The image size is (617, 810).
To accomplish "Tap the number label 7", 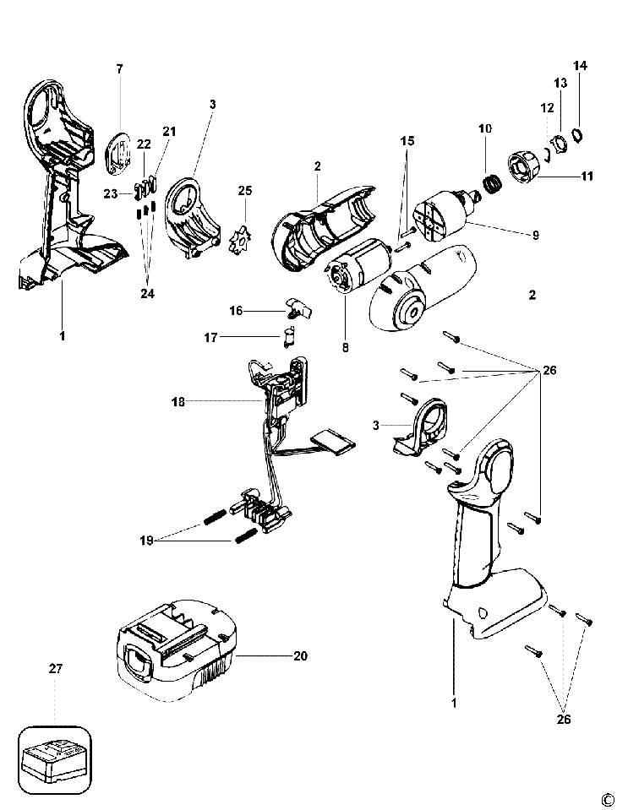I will [119, 68].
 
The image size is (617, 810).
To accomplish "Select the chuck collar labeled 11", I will [524, 166].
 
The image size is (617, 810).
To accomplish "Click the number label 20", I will [299, 655].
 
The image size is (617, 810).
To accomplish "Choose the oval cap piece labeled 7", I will [119, 155].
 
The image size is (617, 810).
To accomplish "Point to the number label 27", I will [56, 669].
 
